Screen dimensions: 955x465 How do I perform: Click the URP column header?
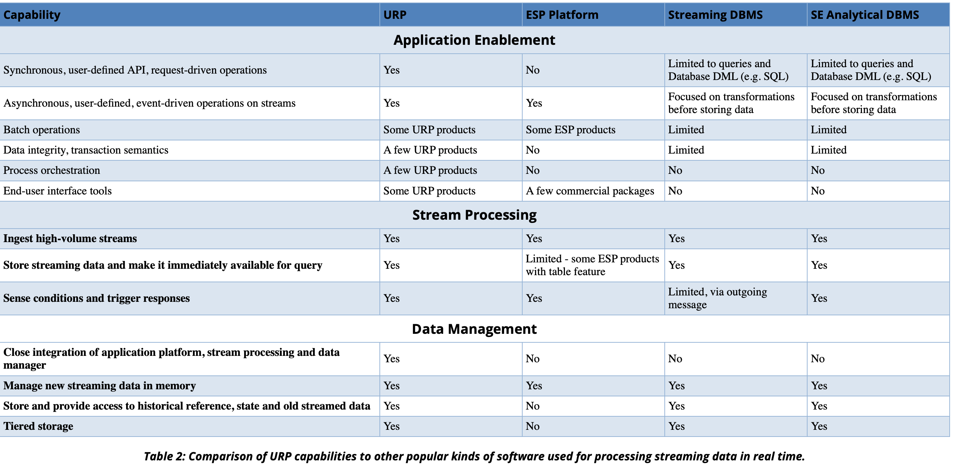point(394,15)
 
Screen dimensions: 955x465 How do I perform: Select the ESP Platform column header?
point(562,15)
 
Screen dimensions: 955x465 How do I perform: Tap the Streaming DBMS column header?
point(715,15)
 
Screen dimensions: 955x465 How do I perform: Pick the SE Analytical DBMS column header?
point(864,15)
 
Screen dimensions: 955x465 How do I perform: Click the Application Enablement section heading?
point(474,40)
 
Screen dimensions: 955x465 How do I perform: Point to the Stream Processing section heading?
point(474,215)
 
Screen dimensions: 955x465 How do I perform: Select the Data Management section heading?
point(474,329)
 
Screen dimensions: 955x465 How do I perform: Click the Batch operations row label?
point(42,130)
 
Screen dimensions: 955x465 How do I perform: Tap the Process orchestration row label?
point(52,170)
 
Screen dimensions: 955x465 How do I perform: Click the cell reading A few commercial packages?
point(590,191)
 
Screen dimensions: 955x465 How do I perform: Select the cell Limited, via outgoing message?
point(717,298)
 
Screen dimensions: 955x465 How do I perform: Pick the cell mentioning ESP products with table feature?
point(592,265)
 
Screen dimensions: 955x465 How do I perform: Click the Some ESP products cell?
point(570,130)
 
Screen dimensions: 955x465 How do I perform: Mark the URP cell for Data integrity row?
point(430,150)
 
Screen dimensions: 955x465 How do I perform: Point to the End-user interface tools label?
point(58,191)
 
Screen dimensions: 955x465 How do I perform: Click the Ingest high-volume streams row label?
point(70,239)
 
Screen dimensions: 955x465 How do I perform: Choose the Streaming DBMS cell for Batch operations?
point(686,130)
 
